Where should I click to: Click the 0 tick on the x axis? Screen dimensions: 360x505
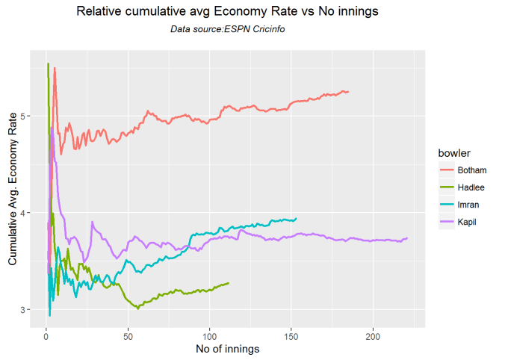(46, 335)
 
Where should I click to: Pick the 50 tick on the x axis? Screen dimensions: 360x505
(128, 335)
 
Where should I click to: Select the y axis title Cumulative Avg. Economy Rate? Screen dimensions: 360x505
(12, 188)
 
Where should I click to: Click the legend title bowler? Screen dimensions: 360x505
(455, 153)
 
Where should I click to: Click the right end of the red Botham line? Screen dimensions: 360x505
(348, 92)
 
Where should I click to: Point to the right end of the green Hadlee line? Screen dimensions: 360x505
(229, 283)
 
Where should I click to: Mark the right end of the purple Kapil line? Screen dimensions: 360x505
(407, 238)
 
